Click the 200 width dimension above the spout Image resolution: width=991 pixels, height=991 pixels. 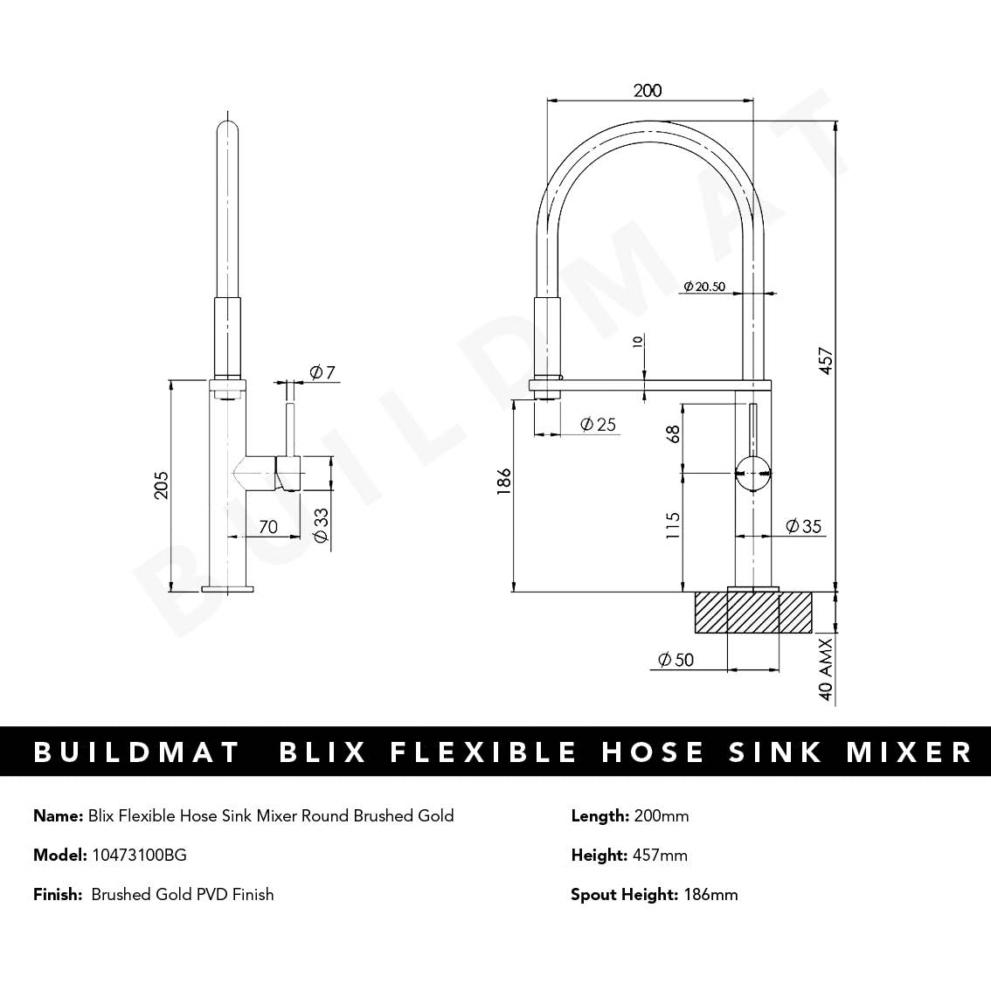coord(648,90)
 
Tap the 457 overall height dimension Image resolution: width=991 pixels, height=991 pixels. coord(825,359)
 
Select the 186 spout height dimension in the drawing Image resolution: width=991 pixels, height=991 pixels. coord(504,482)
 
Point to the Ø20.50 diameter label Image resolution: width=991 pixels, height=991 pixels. coord(704,286)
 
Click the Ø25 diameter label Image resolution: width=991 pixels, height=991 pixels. coord(598,425)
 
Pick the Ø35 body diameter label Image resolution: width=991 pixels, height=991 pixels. coord(803,526)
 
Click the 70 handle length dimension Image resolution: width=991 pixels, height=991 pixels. coord(268,526)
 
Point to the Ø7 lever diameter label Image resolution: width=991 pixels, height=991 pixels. coord(322,373)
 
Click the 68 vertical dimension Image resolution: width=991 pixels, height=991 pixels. coord(673,433)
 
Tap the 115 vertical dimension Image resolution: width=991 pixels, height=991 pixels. coord(673,525)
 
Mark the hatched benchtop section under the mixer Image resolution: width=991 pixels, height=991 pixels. coord(753,612)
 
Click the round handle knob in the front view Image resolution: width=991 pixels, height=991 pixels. coord(752,473)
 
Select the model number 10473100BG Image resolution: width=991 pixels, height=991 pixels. coord(139,855)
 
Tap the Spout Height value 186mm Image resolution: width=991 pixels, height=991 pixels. coord(710,894)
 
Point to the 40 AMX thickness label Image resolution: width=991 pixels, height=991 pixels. coord(825,670)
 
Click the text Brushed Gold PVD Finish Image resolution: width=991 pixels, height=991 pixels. coord(182,894)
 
